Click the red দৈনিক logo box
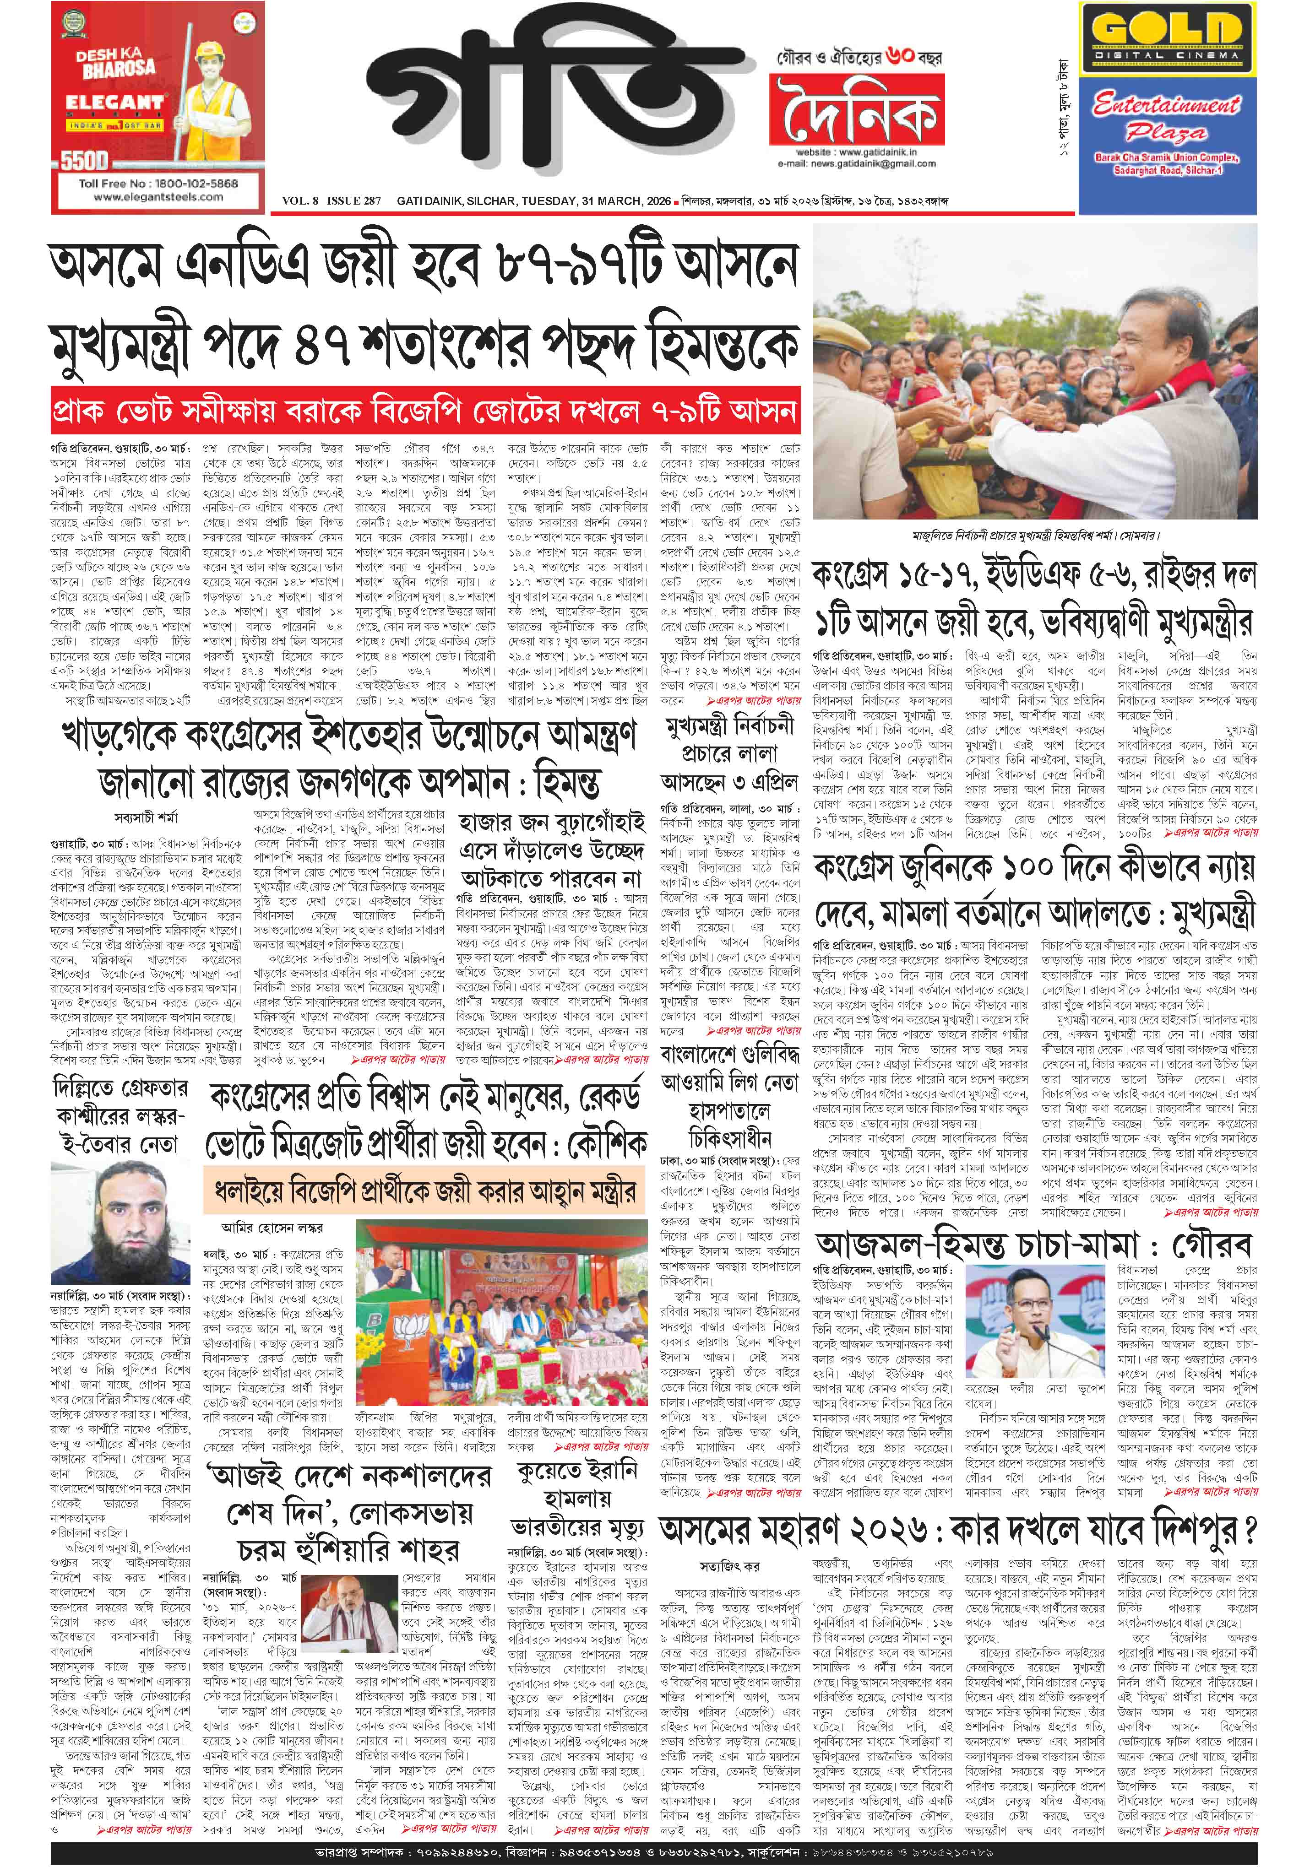[858, 110]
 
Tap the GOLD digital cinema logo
[1167, 32]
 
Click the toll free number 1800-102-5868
[158, 183]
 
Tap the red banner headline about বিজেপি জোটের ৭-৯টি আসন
[423, 411]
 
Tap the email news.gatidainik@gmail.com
[854, 163]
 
